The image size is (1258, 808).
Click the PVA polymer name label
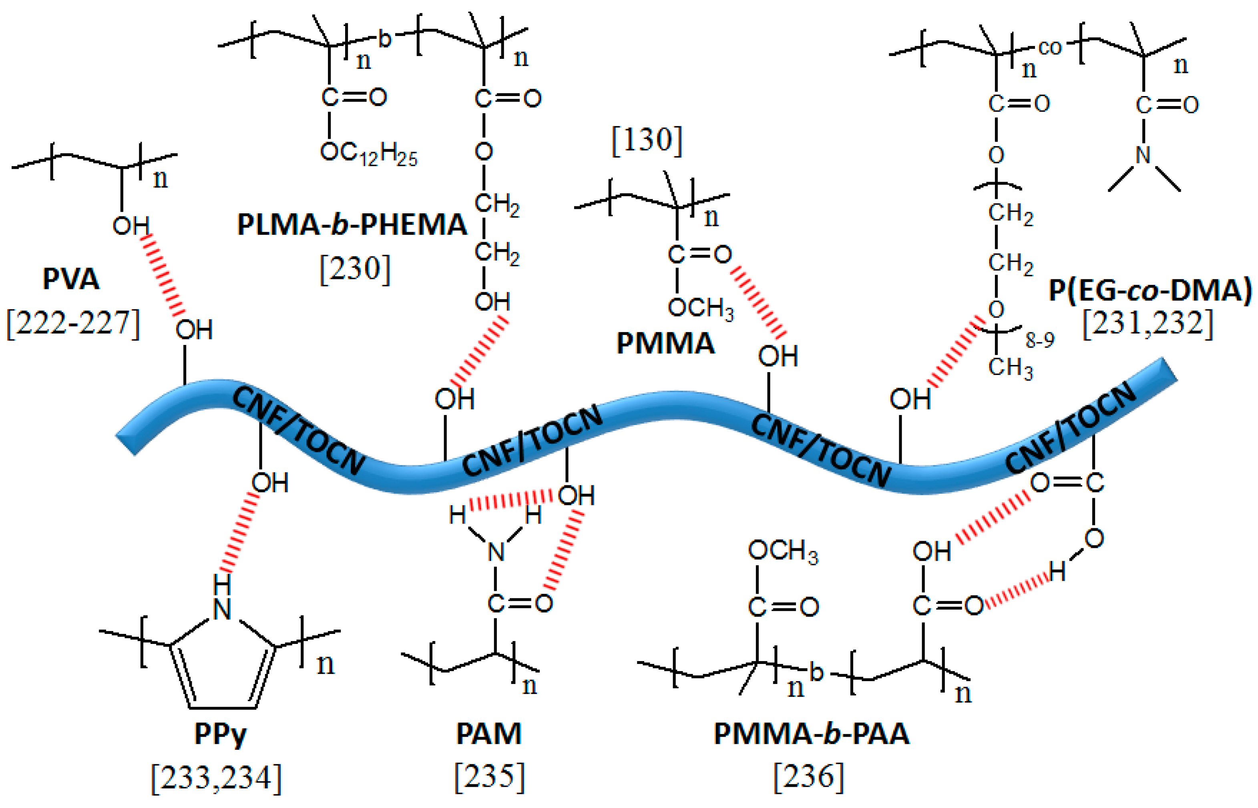70,279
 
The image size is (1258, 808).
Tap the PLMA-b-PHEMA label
352,225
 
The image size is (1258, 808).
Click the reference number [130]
647,140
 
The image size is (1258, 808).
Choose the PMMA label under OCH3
665,344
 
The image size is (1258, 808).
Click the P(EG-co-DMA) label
1149,290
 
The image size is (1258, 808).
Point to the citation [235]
489,776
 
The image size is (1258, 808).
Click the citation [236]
809,776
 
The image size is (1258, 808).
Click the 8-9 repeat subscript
1040,341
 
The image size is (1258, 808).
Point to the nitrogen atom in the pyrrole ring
222,609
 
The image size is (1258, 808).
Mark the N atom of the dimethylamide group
1143,155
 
